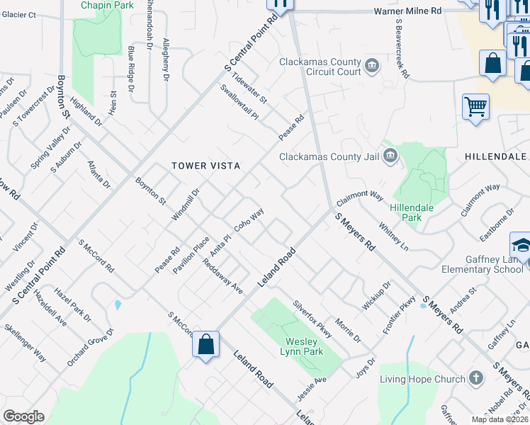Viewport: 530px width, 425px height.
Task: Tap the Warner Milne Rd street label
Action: point(407,11)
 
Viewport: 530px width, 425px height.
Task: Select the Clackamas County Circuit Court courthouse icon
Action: point(371,67)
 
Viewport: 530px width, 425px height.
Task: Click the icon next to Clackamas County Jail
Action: point(389,157)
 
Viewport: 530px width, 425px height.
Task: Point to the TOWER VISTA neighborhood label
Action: point(206,166)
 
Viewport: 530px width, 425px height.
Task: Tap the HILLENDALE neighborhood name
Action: point(496,156)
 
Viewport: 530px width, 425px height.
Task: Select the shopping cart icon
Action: point(475,108)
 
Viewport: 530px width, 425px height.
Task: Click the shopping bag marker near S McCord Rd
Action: point(205,345)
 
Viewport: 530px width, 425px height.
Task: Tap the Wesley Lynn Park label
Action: point(301,346)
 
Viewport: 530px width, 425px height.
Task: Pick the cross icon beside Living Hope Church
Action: point(477,379)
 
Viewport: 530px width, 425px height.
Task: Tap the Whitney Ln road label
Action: point(395,236)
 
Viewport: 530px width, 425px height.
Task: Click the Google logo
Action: point(24,416)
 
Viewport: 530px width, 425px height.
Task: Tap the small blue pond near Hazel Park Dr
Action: point(117,305)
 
